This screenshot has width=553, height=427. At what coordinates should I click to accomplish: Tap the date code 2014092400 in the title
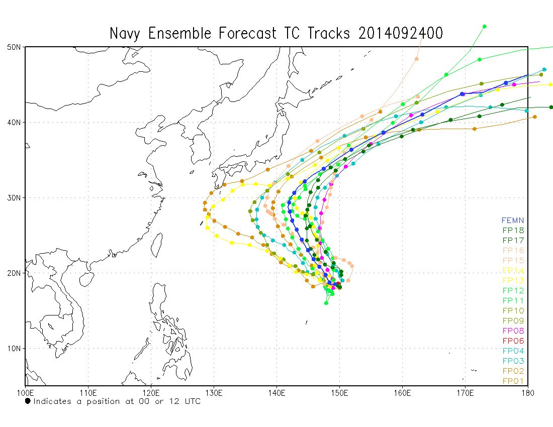[x=401, y=34]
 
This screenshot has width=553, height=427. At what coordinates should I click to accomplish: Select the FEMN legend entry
[x=513, y=220]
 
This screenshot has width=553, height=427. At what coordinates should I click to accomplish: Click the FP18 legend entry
[x=513, y=230]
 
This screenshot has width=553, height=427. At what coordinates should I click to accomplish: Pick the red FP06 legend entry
[x=513, y=341]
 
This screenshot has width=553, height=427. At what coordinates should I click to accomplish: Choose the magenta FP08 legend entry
[x=513, y=331]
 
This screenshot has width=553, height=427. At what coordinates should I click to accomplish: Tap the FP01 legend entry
[x=513, y=381]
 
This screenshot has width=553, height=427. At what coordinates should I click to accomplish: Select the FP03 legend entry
[x=513, y=361]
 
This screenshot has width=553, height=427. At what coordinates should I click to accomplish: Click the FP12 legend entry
[x=513, y=290]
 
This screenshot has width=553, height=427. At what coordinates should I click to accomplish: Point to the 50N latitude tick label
[x=14, y=47]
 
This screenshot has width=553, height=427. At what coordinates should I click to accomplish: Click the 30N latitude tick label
[x=14, y=197]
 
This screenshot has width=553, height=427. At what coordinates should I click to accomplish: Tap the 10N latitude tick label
[x=14, y=348]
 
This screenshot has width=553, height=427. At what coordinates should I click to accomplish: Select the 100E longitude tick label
[x=26, y=391]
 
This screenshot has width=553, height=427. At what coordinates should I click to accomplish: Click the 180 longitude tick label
[x=527, y=391]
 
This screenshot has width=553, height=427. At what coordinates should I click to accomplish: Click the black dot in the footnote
[x=28, y=401]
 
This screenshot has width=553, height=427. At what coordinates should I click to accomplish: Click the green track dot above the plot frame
[x=485, y=26]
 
